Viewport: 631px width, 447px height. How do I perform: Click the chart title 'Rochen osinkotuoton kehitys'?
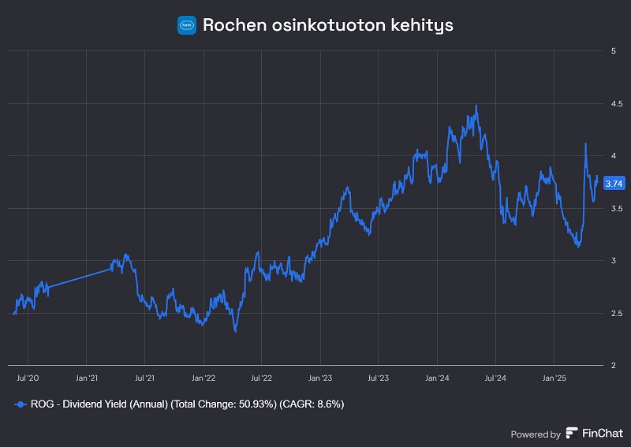[x=327, y=24]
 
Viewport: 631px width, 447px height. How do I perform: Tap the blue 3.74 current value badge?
[x=613, y=183]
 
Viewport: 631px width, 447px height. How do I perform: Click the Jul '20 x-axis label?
[x=28, y=378]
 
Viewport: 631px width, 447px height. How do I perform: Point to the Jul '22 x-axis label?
[x=261, y=378]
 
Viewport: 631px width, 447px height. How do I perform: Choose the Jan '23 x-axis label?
[x=320, y=378]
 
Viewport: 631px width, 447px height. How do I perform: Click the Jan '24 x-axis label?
[x=437, y=378]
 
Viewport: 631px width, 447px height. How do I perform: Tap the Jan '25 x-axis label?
[x=554, y=378]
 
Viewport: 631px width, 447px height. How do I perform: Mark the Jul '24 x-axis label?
[x=495, y=378]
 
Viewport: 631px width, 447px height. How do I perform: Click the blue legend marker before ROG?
[x=21, y=404]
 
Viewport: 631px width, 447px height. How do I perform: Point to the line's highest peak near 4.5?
[x=476, y=106]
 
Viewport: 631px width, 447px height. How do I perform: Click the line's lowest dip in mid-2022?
[x=236, y=332]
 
